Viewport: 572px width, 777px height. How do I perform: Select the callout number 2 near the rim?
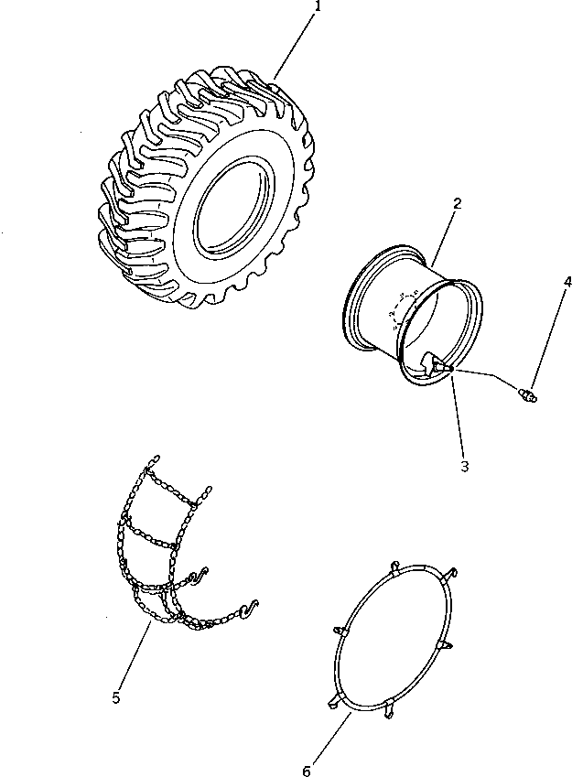coord(455,205)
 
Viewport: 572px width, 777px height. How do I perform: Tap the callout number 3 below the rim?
coord(465,467)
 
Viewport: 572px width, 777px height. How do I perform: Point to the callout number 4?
coord(567,282)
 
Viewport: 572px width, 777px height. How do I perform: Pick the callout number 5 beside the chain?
coord(116,698)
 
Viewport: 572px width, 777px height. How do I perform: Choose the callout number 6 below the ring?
coord(307,771)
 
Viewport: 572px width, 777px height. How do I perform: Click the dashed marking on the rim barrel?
coord(404,308)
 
